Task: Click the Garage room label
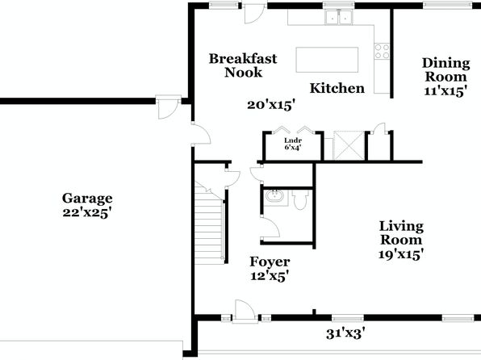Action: [x=87, y=199]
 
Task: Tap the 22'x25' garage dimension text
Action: [x=87, y=212]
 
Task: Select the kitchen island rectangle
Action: [x=327, y=60]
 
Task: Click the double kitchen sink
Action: [x=339, y=17]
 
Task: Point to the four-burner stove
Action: [x=382, y=51]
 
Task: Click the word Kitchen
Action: [x=337, y=89]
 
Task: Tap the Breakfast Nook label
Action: [x=243, y=65]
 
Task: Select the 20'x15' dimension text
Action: [x=271, y=105]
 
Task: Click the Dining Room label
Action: [x=446, y=69]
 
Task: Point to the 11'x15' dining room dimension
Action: [x=445, y=91]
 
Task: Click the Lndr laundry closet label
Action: [x=293, y=140]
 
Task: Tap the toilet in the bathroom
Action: [x=300, y=199]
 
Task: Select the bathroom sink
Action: [x=274, y=196]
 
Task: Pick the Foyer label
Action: [x=270, y=262]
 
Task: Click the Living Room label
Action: [x=401, y=233]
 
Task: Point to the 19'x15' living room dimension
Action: [x=401, y=254]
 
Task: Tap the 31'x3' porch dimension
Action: [x=345, y=333]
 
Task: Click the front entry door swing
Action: [x=245, y=311]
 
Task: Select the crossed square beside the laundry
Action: [x=349, y=145]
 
